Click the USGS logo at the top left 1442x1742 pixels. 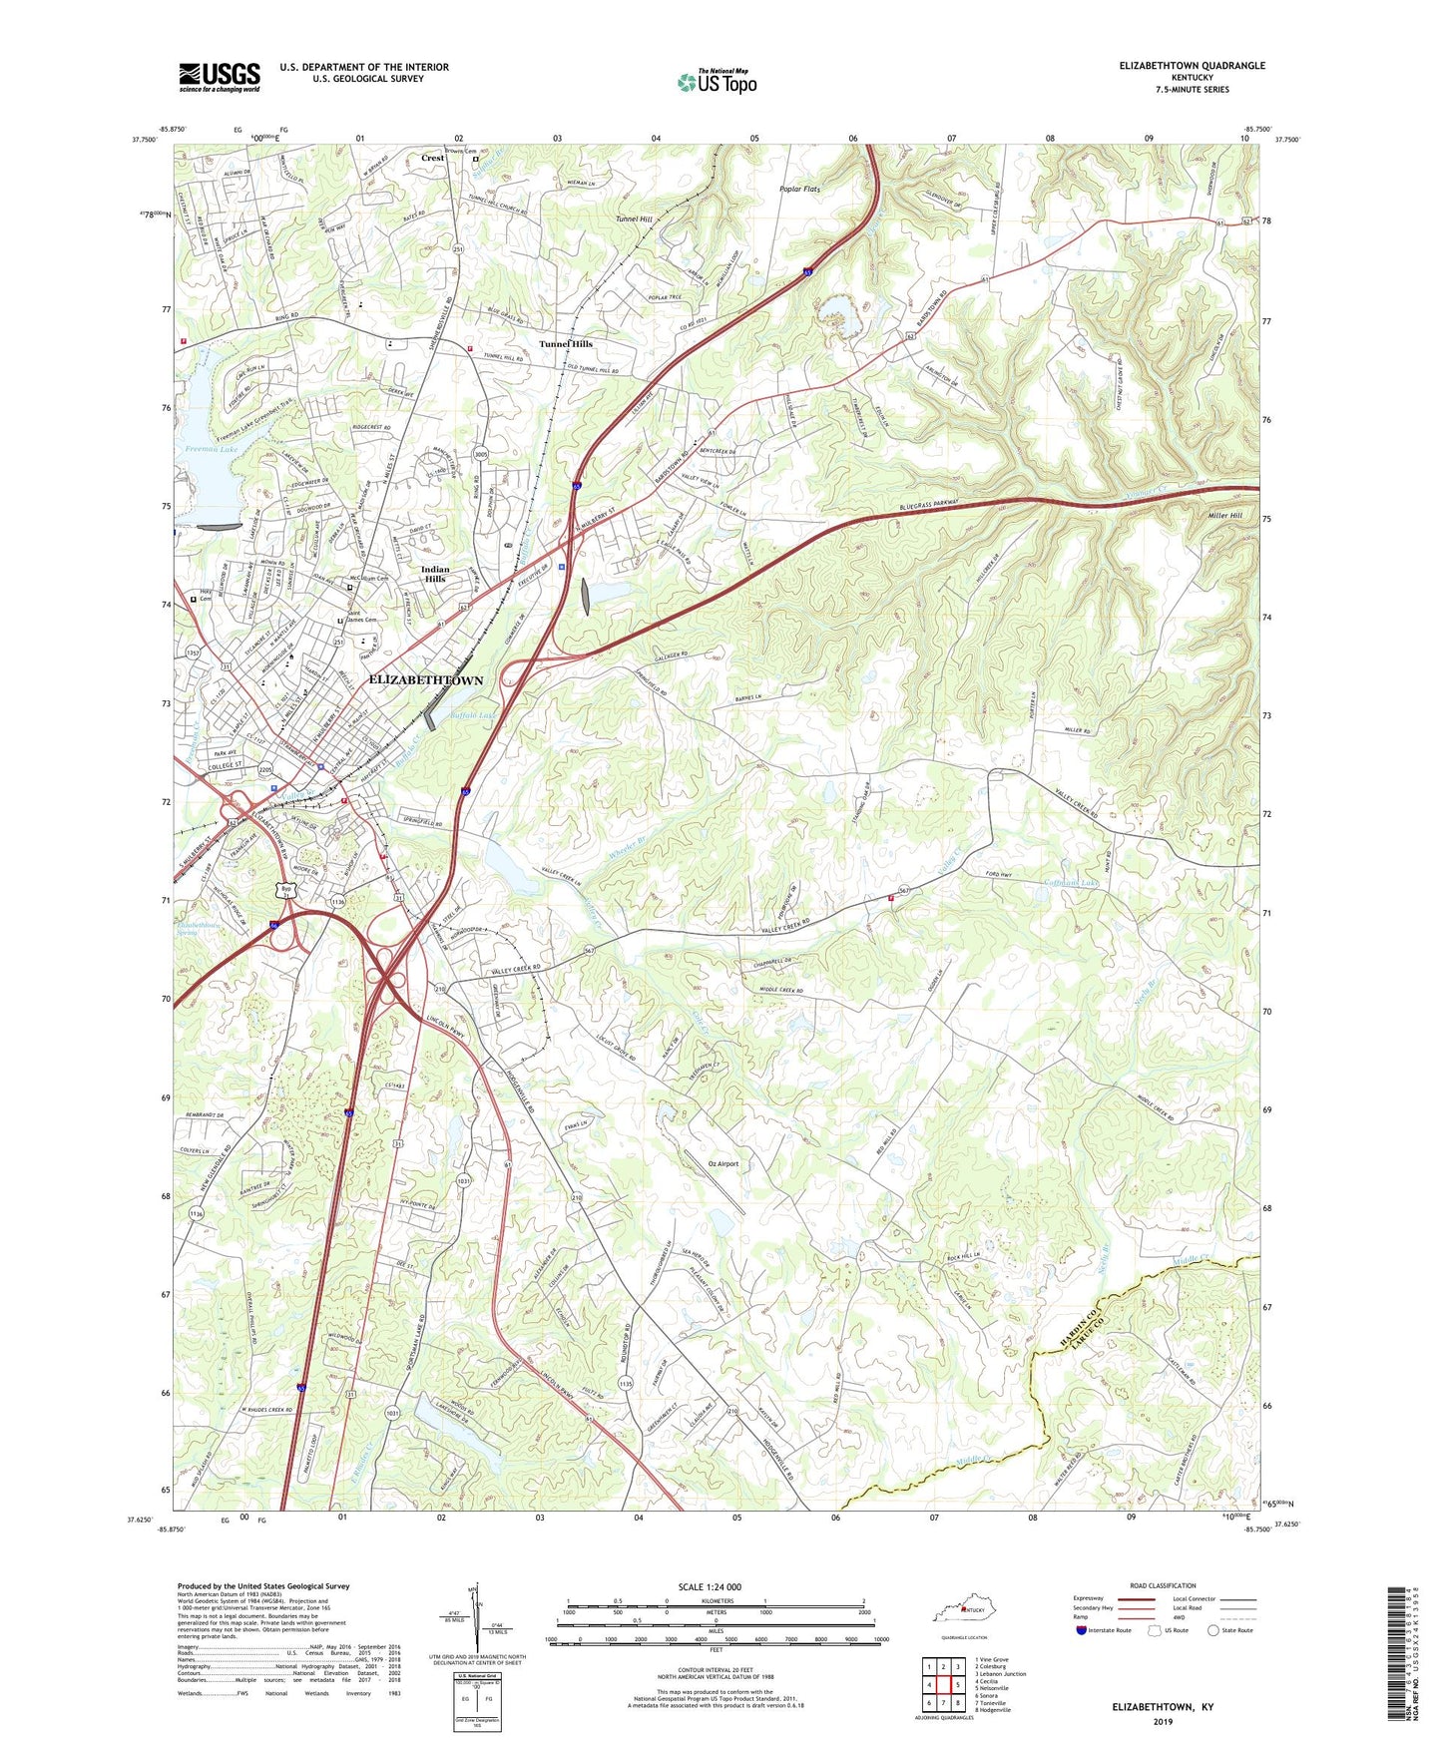pyautogui.click(x=220, y=77)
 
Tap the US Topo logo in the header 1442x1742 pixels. pyautogui.click(x=716, y=81)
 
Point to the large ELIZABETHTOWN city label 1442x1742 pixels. pyautogui.click(x=426, y=680)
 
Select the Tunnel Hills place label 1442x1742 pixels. pyautogui.click(x=566, y=344)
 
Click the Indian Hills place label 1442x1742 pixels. pyautogui.click(x=435, y=574)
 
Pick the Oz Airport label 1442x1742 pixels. pyautogui.click(x=722, y=1163)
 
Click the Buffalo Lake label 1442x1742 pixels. pyautogui.click(x=473, y=715)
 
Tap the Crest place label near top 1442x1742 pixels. pyautogui.click(x=433, y=159)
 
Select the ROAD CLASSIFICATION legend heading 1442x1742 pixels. pyautogui.click(x=1165, y=1585)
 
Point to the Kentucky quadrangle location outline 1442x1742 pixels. pyautogui.click(x=963, y=1614)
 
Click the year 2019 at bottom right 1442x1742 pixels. pyautogui.click(x=1163, y=1721)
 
